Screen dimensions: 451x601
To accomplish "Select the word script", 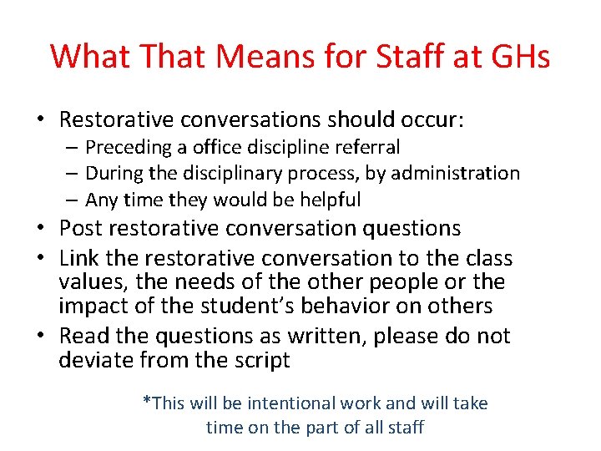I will point(261,361).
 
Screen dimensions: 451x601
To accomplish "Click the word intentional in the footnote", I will point(290,403).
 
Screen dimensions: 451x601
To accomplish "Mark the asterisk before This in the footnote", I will point(147,402).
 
